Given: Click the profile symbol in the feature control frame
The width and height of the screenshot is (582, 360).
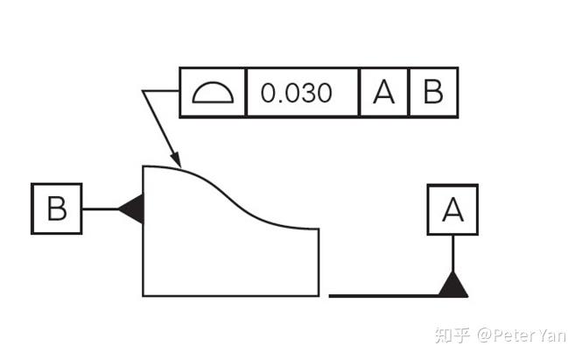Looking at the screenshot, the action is [x=213, y=93].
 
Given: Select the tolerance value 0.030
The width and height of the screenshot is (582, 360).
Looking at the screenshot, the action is [x=297, y=93].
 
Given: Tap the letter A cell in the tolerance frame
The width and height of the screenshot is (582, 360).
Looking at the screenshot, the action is [x=384, y=93].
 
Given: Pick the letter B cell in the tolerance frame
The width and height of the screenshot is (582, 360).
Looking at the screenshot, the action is [x=433, y=93].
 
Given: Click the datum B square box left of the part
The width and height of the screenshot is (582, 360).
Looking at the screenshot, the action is [x=57, y=208].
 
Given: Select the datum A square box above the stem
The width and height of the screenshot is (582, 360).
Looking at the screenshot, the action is [x=452, y=209].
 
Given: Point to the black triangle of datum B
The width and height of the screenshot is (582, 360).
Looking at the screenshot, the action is [x=132, y=208].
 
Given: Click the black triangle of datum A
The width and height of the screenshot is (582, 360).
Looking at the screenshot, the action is [x=452, y=285].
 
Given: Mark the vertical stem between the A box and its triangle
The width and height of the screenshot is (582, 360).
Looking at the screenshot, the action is [x=452, y=253].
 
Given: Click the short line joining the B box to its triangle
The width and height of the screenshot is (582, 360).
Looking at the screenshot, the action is [x=100, y=208].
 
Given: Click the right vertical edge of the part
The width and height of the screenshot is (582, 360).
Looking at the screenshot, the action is [x=318, y=263].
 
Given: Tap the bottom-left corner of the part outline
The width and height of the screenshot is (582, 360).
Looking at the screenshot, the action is [x=144, y=296].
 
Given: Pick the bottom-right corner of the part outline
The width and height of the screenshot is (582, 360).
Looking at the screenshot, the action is [x=318, y=296].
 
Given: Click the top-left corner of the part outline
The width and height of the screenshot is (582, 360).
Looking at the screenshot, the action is [x=144, y=165].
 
